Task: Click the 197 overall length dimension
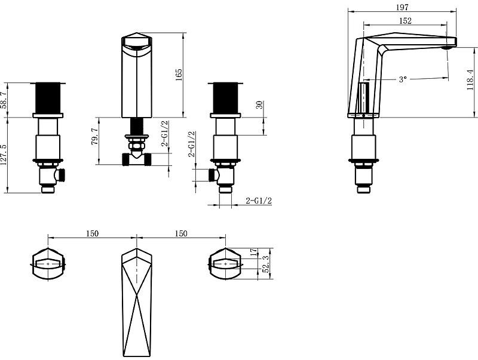tap(402, 7)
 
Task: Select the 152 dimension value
tap(405, 21)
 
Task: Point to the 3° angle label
tap(403, 79)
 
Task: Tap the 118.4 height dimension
tap(470, 80)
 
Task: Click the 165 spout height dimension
tap(179, 75)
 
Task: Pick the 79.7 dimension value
tap(95, 136)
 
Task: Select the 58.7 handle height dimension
tap(4, 100)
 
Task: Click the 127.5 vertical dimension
tap(4, 155)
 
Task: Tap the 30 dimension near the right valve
tap(259, 104)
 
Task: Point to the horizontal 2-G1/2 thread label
tap(259, 201)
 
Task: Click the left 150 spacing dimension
tap(92, 233)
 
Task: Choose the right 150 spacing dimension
tap(181, 233)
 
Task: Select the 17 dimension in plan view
tap(253, 252)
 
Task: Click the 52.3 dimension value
tap(266, 264)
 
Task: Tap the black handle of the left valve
tap(48, 98)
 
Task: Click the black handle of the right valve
tap(225, 98)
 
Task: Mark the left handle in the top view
tap(48, 264)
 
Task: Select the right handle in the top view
tap(226, 264)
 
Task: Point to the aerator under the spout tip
tap(448, 48)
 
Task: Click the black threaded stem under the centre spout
tap(137, 126)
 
